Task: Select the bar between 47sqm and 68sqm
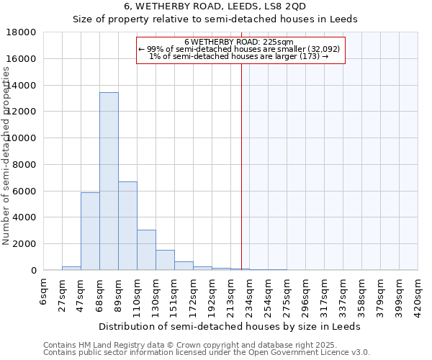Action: [90, 231]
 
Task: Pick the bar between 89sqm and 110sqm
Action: [127, 225]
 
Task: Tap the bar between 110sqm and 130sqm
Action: [146, 250]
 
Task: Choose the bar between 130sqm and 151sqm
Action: [165, 260]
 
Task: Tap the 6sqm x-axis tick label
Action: [44, 292]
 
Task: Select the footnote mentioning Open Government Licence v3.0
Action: [207, 352]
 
